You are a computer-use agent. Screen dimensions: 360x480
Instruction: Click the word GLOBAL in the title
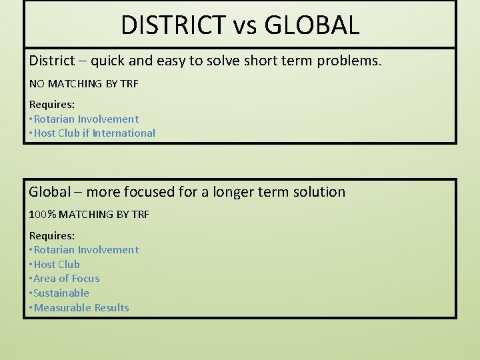click(x=311, y=25)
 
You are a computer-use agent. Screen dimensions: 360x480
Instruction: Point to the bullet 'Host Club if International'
click(x=94, y=133)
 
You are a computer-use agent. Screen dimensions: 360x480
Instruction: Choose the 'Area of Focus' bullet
click(x=66, y=279)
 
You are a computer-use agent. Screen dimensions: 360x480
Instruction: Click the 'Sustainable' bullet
click(x=61, y=293)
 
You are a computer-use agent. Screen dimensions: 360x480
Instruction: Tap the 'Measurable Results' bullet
click(x=81, y=307)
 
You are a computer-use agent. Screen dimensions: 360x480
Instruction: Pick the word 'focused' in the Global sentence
click(x=139, y=192)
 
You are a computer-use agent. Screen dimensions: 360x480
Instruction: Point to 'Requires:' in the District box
click(x=52, y=104)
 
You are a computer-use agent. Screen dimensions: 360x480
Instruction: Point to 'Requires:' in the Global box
click(x=52, y=235)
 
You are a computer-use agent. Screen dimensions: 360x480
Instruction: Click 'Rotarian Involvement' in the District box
click(x=86, y=119)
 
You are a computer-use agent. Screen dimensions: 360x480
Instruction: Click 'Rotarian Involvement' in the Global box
click(x=86, y=250)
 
